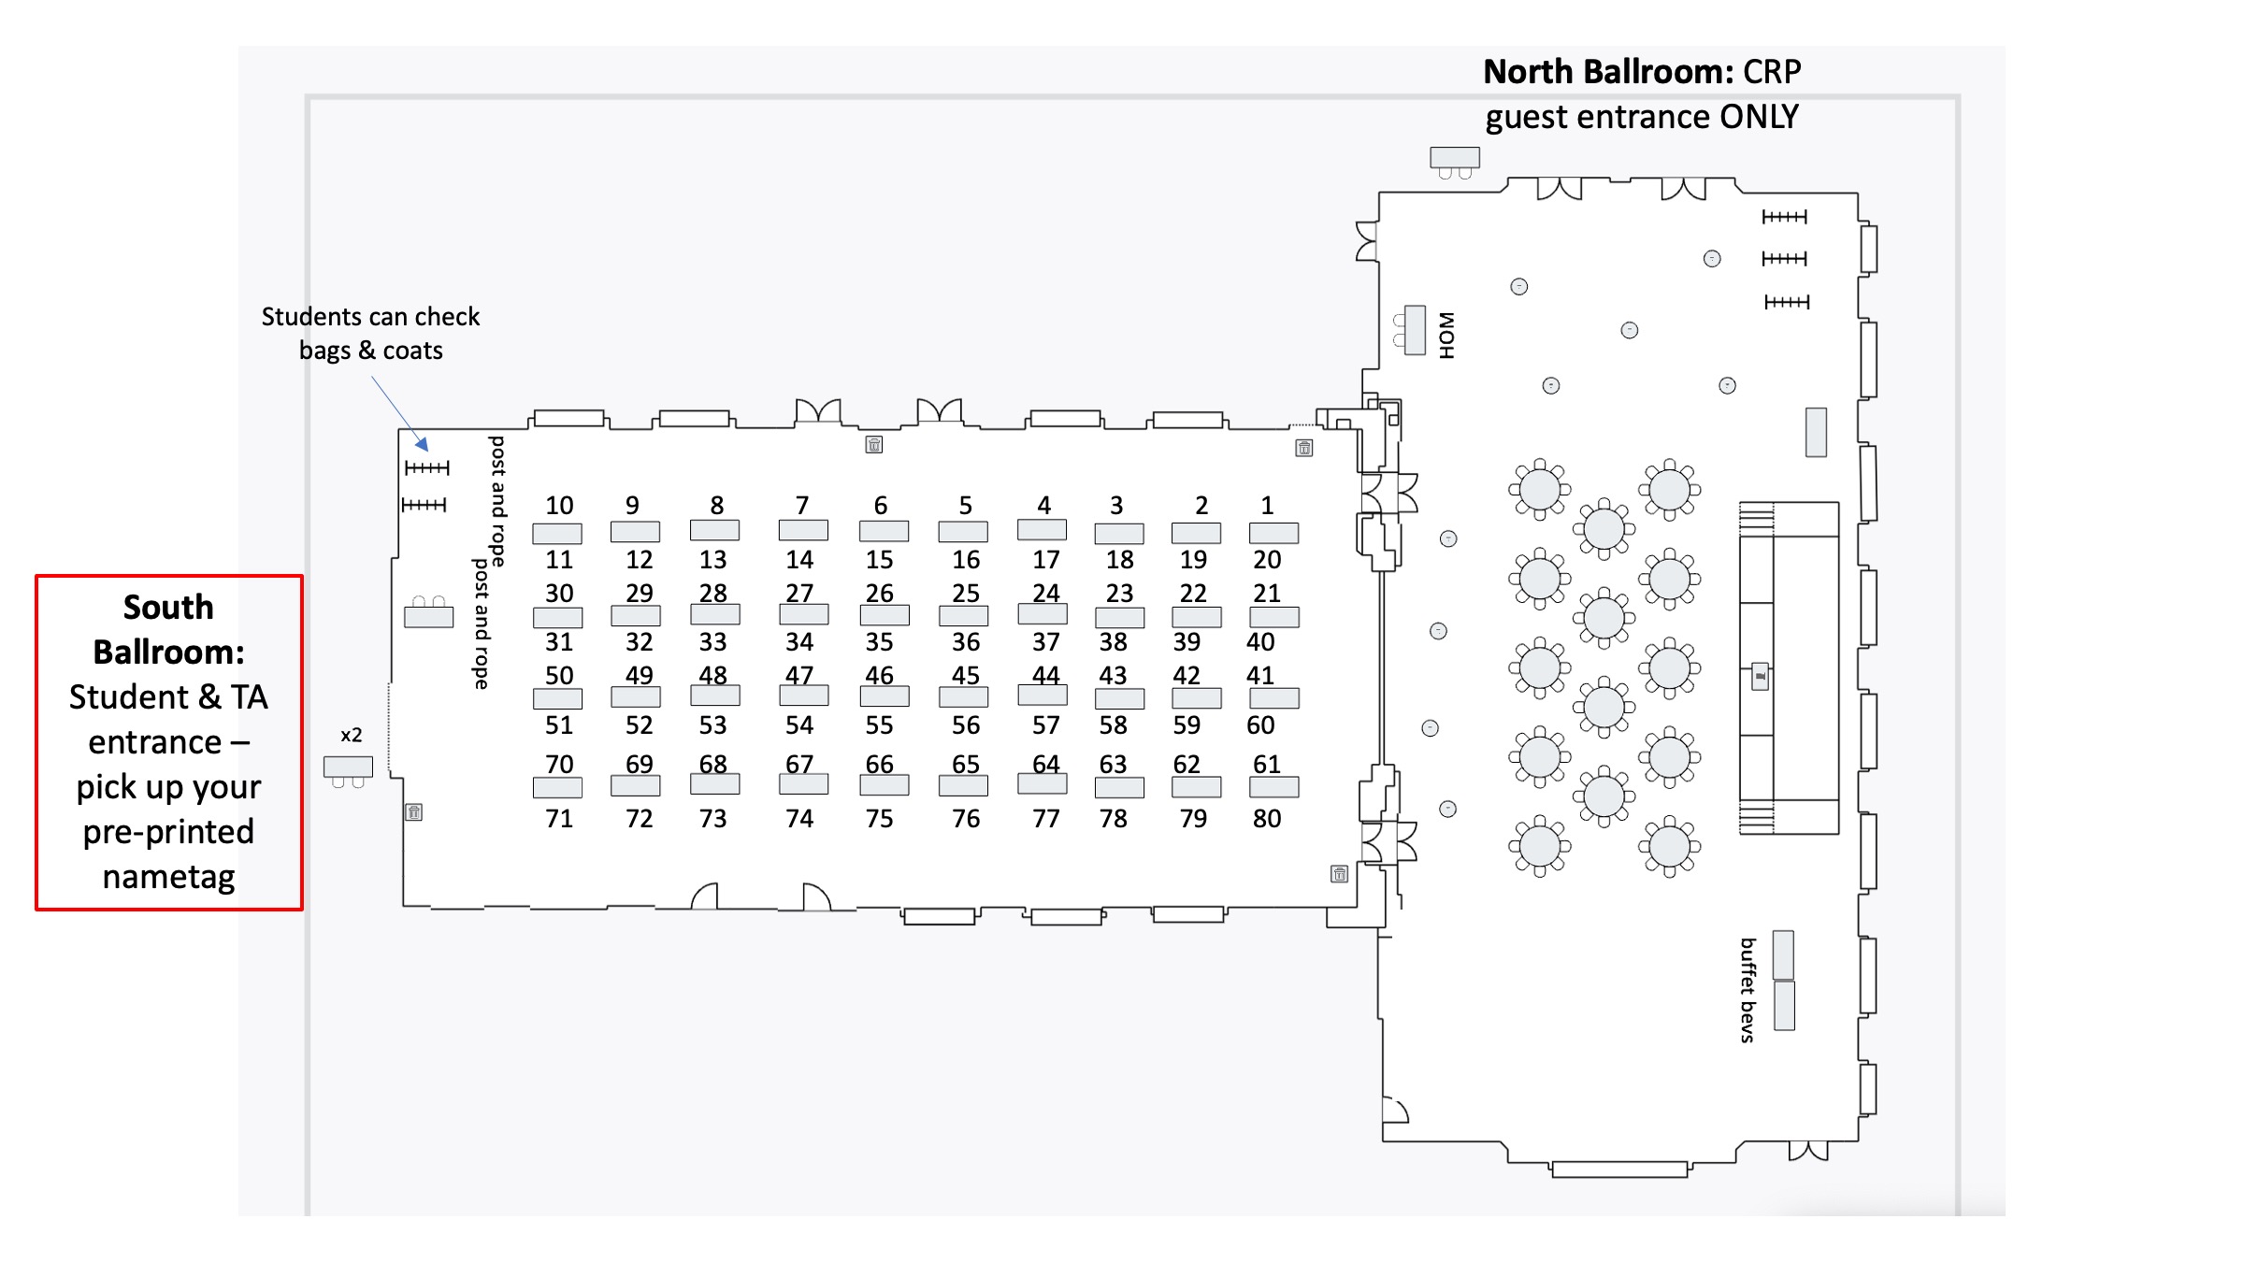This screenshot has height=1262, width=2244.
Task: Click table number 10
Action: [x=559, y=506]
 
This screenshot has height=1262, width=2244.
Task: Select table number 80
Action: [x=1267, y=819]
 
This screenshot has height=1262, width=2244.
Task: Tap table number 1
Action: [x=1267, y=506]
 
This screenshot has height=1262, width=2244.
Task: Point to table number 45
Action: [x=966, y=675]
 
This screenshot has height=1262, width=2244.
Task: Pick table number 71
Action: [x=559, y=819]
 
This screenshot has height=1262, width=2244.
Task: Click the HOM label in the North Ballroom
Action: [x=1446, y=335]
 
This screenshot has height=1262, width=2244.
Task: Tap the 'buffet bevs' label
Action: [x=1748, y=989]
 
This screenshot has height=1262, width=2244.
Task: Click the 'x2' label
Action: [x=351, y=735]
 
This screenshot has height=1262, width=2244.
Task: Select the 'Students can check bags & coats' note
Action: [x=370, y=333]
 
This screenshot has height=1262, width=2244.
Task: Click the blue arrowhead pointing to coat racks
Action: [x=423, y=444]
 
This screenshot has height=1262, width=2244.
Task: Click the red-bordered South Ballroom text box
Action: [x=169, y=742]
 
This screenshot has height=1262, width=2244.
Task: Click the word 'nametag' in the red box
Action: [x=169, y=877]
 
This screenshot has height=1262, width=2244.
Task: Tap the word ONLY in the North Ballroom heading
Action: [x=1759, y=117]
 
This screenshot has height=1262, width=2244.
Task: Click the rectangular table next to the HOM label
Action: [x=1415, y=330]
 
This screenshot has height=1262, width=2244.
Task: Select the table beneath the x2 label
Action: [x=348, y=767]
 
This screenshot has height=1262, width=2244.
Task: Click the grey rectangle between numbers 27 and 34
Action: [x=803, y=614]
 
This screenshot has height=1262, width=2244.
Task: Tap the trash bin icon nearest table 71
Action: [x=414, y=812]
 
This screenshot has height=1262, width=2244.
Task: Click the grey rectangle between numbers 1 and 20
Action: [x=1273, y=533]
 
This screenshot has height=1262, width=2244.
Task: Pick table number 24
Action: [x=1045, y=594]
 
